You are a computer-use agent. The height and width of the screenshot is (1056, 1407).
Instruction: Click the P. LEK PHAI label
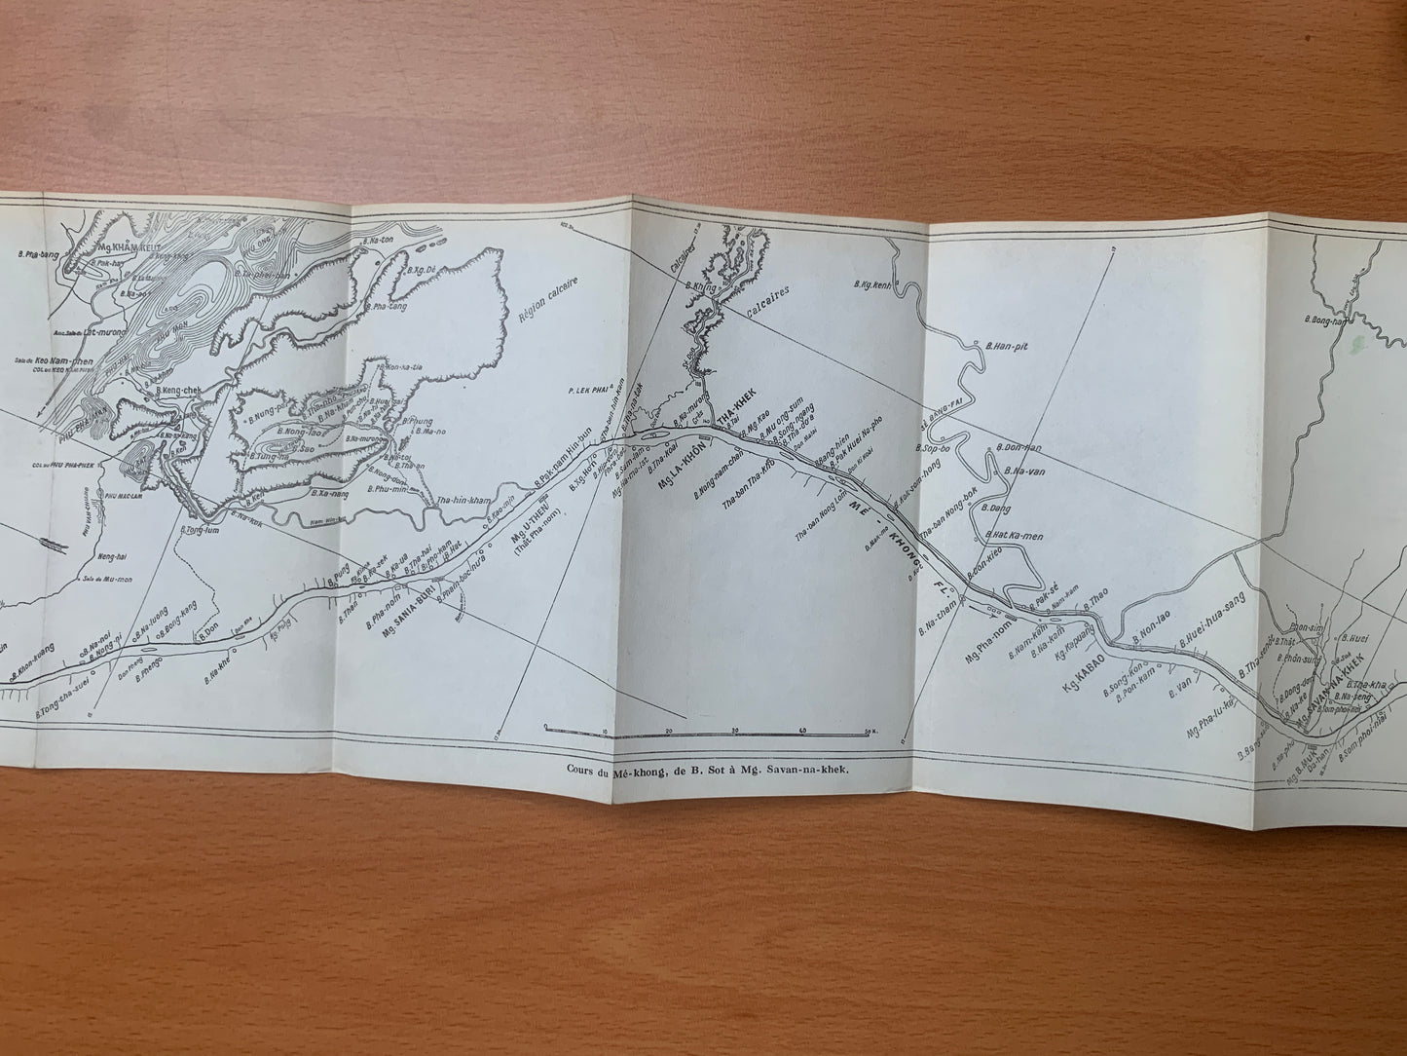click(x=589, y=393)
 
